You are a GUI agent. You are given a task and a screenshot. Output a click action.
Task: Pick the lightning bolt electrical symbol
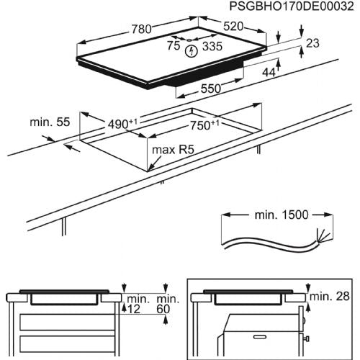coord(191,50)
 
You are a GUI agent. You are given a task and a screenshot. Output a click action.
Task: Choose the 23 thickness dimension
coord(311,43)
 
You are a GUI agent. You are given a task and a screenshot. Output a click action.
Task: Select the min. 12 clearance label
coord(135,303)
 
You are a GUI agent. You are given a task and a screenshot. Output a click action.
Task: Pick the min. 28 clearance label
coord(329,295)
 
